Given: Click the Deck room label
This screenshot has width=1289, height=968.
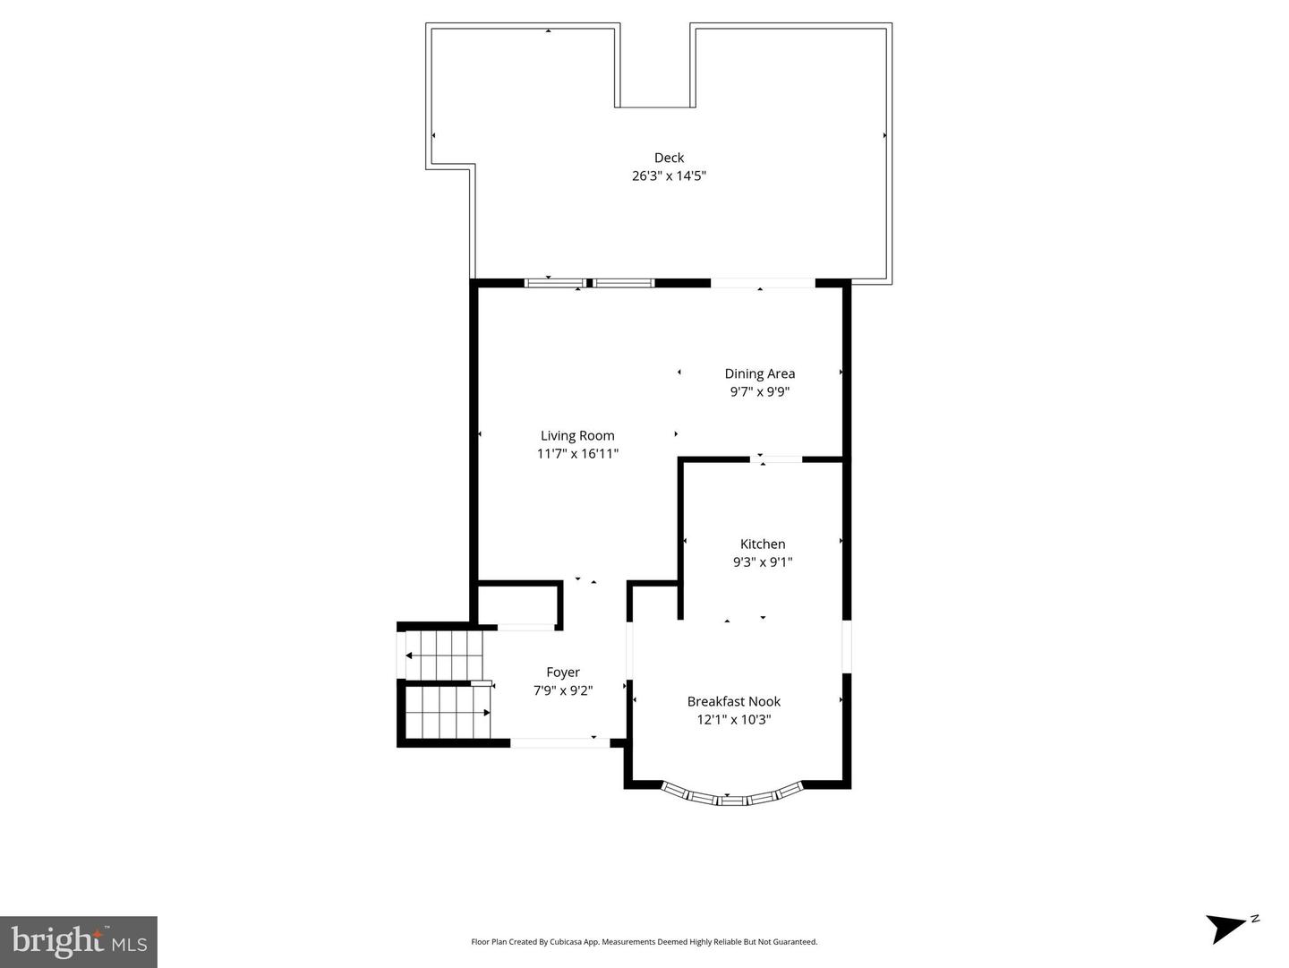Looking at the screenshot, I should [x=669, y=158].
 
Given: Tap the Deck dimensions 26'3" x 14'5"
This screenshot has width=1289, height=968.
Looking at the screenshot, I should [x=669, y=176].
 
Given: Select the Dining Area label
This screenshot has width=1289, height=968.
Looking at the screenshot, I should [x=759, y=373].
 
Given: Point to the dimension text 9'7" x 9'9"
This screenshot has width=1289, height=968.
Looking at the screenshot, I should [x=759, y=392].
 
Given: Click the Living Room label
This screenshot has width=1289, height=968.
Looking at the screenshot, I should [x=577, y=436].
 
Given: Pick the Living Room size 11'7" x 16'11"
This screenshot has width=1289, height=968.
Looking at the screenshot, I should [x=577, y=454].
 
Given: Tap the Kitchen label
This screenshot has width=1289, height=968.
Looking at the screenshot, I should [x=763, y=544].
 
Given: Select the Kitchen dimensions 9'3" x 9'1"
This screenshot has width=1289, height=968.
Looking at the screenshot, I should [x=763, y=562].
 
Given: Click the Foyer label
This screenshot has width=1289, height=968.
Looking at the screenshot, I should [x=563, y=672].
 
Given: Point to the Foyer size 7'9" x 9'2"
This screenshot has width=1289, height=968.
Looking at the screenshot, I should [x=563, y=690].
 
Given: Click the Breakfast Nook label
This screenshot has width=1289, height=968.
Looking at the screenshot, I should [x=733, y=701].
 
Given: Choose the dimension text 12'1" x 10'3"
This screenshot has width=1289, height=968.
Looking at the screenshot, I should [x=733, y=719].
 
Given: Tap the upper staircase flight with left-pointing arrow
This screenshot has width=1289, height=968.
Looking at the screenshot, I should [x=444, y=655].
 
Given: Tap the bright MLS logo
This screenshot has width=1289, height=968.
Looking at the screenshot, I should [x=79, y=941].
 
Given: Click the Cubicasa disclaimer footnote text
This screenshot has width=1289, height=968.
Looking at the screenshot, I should [x=644, y=942].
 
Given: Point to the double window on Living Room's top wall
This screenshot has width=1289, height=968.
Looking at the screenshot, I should [x=589, y=283].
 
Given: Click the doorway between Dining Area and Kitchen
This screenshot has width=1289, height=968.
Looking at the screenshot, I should [x=776, y=459].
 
